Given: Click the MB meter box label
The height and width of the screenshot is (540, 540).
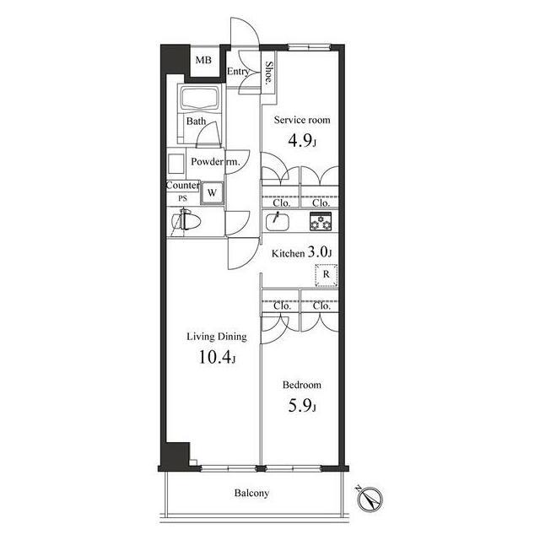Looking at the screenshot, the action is pos(203,60).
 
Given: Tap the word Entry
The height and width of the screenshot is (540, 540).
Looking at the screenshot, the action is pos(238,72).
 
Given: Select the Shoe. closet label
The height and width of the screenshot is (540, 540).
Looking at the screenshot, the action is pos(269,73).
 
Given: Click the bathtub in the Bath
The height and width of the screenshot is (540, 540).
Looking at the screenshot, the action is pos(201,98).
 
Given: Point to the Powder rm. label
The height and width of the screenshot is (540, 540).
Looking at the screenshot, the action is pos(215,161).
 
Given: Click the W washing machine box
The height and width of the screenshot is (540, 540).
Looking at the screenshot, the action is pos(212,193).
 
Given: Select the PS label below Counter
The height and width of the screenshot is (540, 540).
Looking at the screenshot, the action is pos(182,198).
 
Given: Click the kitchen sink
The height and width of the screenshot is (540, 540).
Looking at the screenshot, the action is pos(278,221).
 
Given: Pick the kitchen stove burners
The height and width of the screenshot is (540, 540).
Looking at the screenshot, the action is pos(321,221).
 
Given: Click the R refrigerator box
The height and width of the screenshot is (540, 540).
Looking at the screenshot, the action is pos(327,275).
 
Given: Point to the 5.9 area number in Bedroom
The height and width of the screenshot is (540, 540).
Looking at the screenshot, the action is pos(302,406).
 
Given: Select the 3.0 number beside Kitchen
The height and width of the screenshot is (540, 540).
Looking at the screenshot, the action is pos(319,252).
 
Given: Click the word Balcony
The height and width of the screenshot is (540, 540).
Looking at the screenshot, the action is pos(251,493).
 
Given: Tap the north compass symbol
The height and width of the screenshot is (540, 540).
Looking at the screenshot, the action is pos(370,499).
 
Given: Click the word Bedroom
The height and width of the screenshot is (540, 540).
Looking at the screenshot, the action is pos(302,385).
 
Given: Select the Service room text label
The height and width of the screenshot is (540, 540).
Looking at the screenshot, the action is pos(302,120).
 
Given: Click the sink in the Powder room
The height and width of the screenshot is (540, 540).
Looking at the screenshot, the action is pos(176,164).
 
